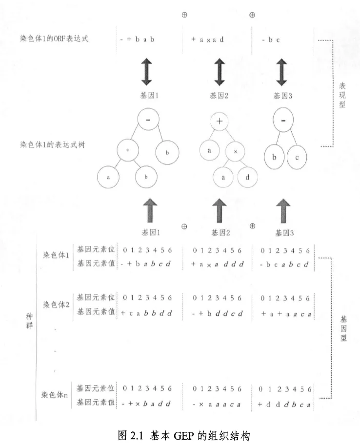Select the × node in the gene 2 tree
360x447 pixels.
(x=236, y=152)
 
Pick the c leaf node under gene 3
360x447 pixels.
(x=297, y=158)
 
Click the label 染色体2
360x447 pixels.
(x=56, y=305)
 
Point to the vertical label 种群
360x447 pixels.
(x=30, y=320)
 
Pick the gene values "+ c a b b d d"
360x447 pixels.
(x=147, y=313)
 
